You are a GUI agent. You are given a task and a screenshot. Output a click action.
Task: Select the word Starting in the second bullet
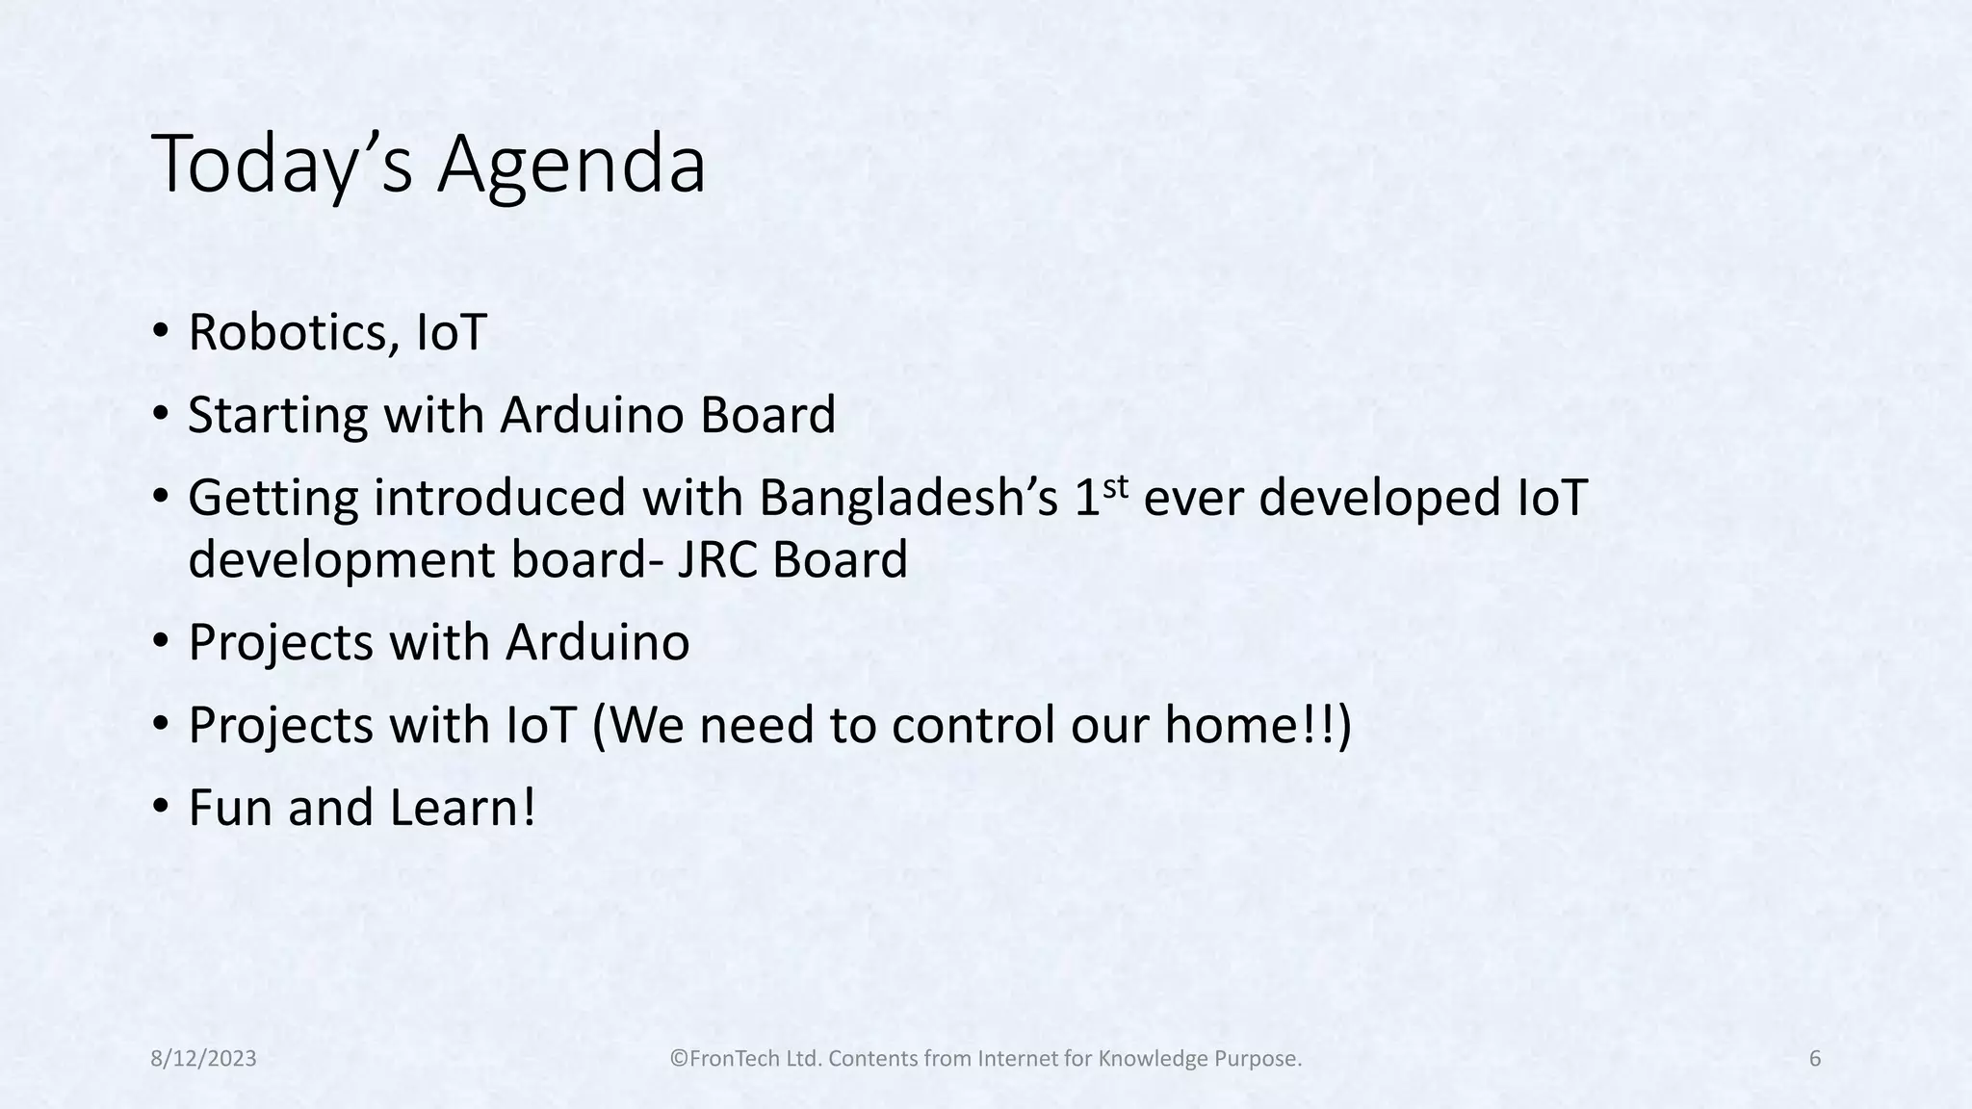click(278, 416)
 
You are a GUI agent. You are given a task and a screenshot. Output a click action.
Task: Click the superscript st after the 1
click(1115, 486)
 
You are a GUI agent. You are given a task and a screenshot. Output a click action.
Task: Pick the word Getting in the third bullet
click(273, 499)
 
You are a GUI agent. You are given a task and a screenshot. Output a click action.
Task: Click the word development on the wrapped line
click(342, 560)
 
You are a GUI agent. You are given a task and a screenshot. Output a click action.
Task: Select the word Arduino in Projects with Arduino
click(597, 642)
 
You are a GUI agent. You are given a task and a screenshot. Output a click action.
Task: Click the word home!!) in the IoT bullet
click(1258, 725)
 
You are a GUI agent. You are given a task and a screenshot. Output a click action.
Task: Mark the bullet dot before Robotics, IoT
click(161, 330)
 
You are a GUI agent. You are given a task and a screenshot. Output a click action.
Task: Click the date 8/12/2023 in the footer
click(204, 1059)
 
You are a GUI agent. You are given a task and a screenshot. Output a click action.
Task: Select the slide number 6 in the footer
click(1815, 1059)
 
